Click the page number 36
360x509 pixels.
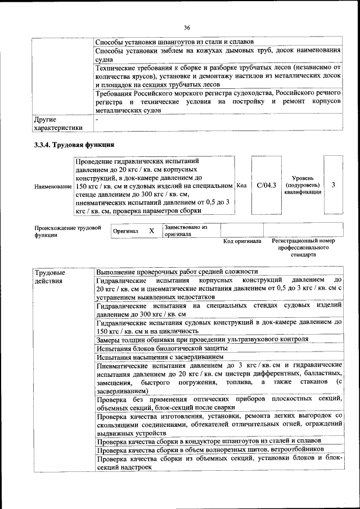click(187, 27)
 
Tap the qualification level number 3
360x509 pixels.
click(334, 184)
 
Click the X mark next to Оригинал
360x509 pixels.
click(151, 231)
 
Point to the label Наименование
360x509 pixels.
click(53, 186)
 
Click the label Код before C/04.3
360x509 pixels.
click(242, 185)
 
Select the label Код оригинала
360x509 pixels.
click(242, 241)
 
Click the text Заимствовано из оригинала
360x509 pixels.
click(186, 231)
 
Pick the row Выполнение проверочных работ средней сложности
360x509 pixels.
click(177, 271)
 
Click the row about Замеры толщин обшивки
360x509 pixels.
click(202, 339)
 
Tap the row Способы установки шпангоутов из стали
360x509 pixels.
click(174, 42)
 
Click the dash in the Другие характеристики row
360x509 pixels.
click(97, 119)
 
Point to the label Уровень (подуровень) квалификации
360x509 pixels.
click(303, 184)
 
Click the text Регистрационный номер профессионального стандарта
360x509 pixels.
click(303, 247)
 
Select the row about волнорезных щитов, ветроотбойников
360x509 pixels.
click(210, 450)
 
